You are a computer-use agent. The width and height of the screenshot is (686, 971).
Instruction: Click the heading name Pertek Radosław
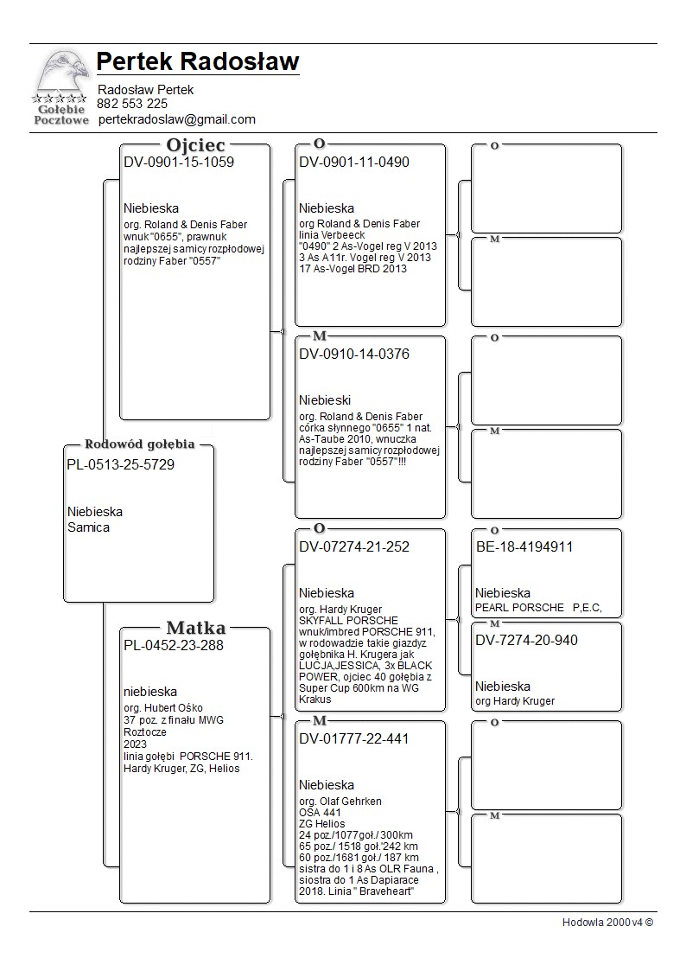click(x=198, y=62)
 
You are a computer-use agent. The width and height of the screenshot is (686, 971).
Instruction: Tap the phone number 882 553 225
click(x=132, y=104)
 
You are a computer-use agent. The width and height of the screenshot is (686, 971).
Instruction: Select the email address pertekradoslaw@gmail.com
click(x=177, y=119)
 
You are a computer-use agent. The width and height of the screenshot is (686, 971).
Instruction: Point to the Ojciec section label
click(x=195, y=144)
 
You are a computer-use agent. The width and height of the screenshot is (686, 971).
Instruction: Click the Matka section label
click(x=195, y=628)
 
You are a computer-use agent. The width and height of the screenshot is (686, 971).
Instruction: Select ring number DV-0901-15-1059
click(x=179, y=162)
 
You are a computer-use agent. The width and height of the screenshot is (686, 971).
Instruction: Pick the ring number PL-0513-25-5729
click(x=120, y=464)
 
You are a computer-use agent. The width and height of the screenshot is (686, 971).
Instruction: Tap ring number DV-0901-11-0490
click(x=354, y=162)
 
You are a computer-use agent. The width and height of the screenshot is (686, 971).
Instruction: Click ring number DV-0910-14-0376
click(x=354, y=354)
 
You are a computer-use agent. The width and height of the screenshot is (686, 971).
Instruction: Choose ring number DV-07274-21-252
click(x=354, y=546)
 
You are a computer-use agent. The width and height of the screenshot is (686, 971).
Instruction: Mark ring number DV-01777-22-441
click(x=354, y=738)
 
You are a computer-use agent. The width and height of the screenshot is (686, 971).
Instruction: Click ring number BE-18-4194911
click(x=524, y=546)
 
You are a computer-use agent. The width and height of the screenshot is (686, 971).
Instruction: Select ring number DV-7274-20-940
click(x=526, y=640)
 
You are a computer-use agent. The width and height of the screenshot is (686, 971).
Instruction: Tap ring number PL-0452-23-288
click(x=174, y=644)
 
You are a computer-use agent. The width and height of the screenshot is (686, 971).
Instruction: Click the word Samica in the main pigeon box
click(x=88, y=527)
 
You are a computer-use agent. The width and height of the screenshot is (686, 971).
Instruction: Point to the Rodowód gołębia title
click(x=139, y=444)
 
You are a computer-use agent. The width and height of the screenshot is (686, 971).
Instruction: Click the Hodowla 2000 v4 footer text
click(x=607, y=922)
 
